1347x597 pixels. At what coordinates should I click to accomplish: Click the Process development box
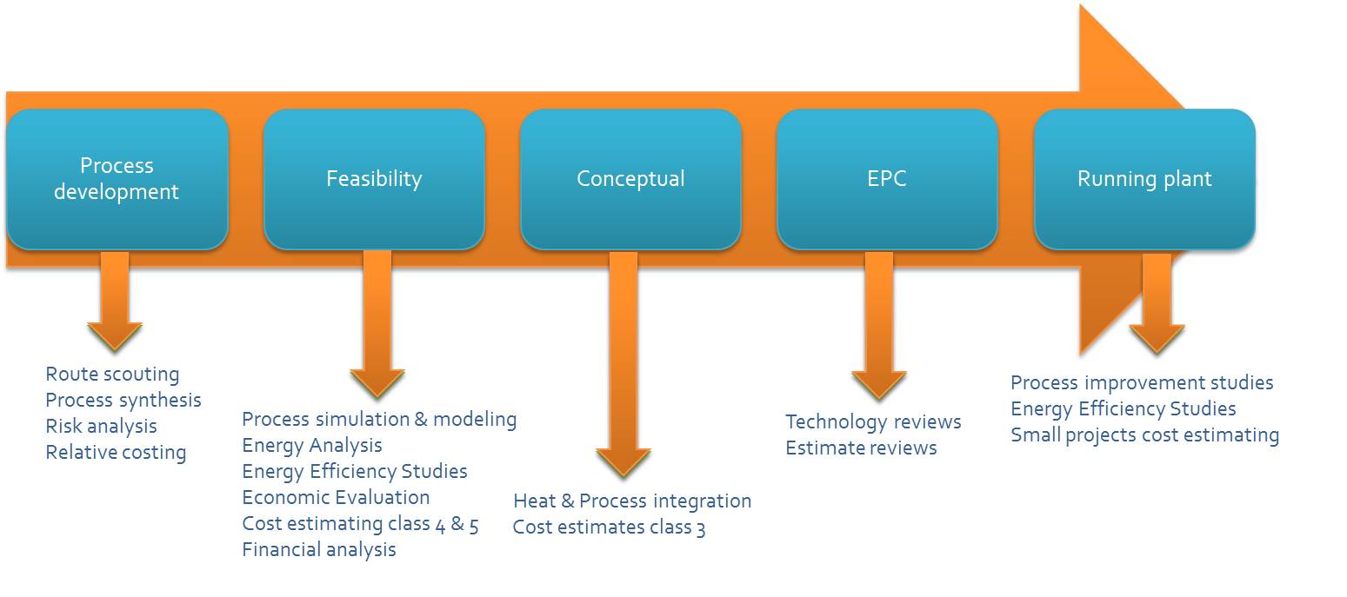[x=117, y=179]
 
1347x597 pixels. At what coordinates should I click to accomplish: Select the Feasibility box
[x=374, y=179]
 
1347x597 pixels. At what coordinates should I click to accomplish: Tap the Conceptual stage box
[x=630, y=179]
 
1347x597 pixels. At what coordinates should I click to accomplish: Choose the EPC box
[x=887, y=179]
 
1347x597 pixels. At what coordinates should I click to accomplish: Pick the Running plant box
[x=1144, y=179]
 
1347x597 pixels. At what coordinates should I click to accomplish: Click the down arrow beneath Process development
[x=115, y=301]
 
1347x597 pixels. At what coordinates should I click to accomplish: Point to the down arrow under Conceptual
[x=623, y=364]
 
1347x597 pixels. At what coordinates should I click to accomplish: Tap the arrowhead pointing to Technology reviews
[x=878, y=385]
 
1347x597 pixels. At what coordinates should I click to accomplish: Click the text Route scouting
[x=112, y=375]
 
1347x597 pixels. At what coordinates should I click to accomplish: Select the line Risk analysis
[x=101, y=427]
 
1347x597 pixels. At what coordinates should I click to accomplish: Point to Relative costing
[x=116, y=453]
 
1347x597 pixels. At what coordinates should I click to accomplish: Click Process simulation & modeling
[x=379, y=419]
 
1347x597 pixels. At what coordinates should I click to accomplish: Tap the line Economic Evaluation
[x=337, y=497]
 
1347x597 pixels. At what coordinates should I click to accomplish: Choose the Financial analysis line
[x=319, y=549]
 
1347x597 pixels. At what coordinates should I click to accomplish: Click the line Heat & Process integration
[x=632, y=501]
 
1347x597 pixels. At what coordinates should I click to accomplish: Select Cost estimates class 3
[x=609, y=527]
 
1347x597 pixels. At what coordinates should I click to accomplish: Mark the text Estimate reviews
[x=861, y=448]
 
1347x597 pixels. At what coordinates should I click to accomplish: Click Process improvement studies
[x=1142, y=382]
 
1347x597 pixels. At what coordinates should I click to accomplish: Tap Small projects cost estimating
[x=1145, y=434]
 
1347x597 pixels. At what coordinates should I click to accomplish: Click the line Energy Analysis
[x=312, y=446]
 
